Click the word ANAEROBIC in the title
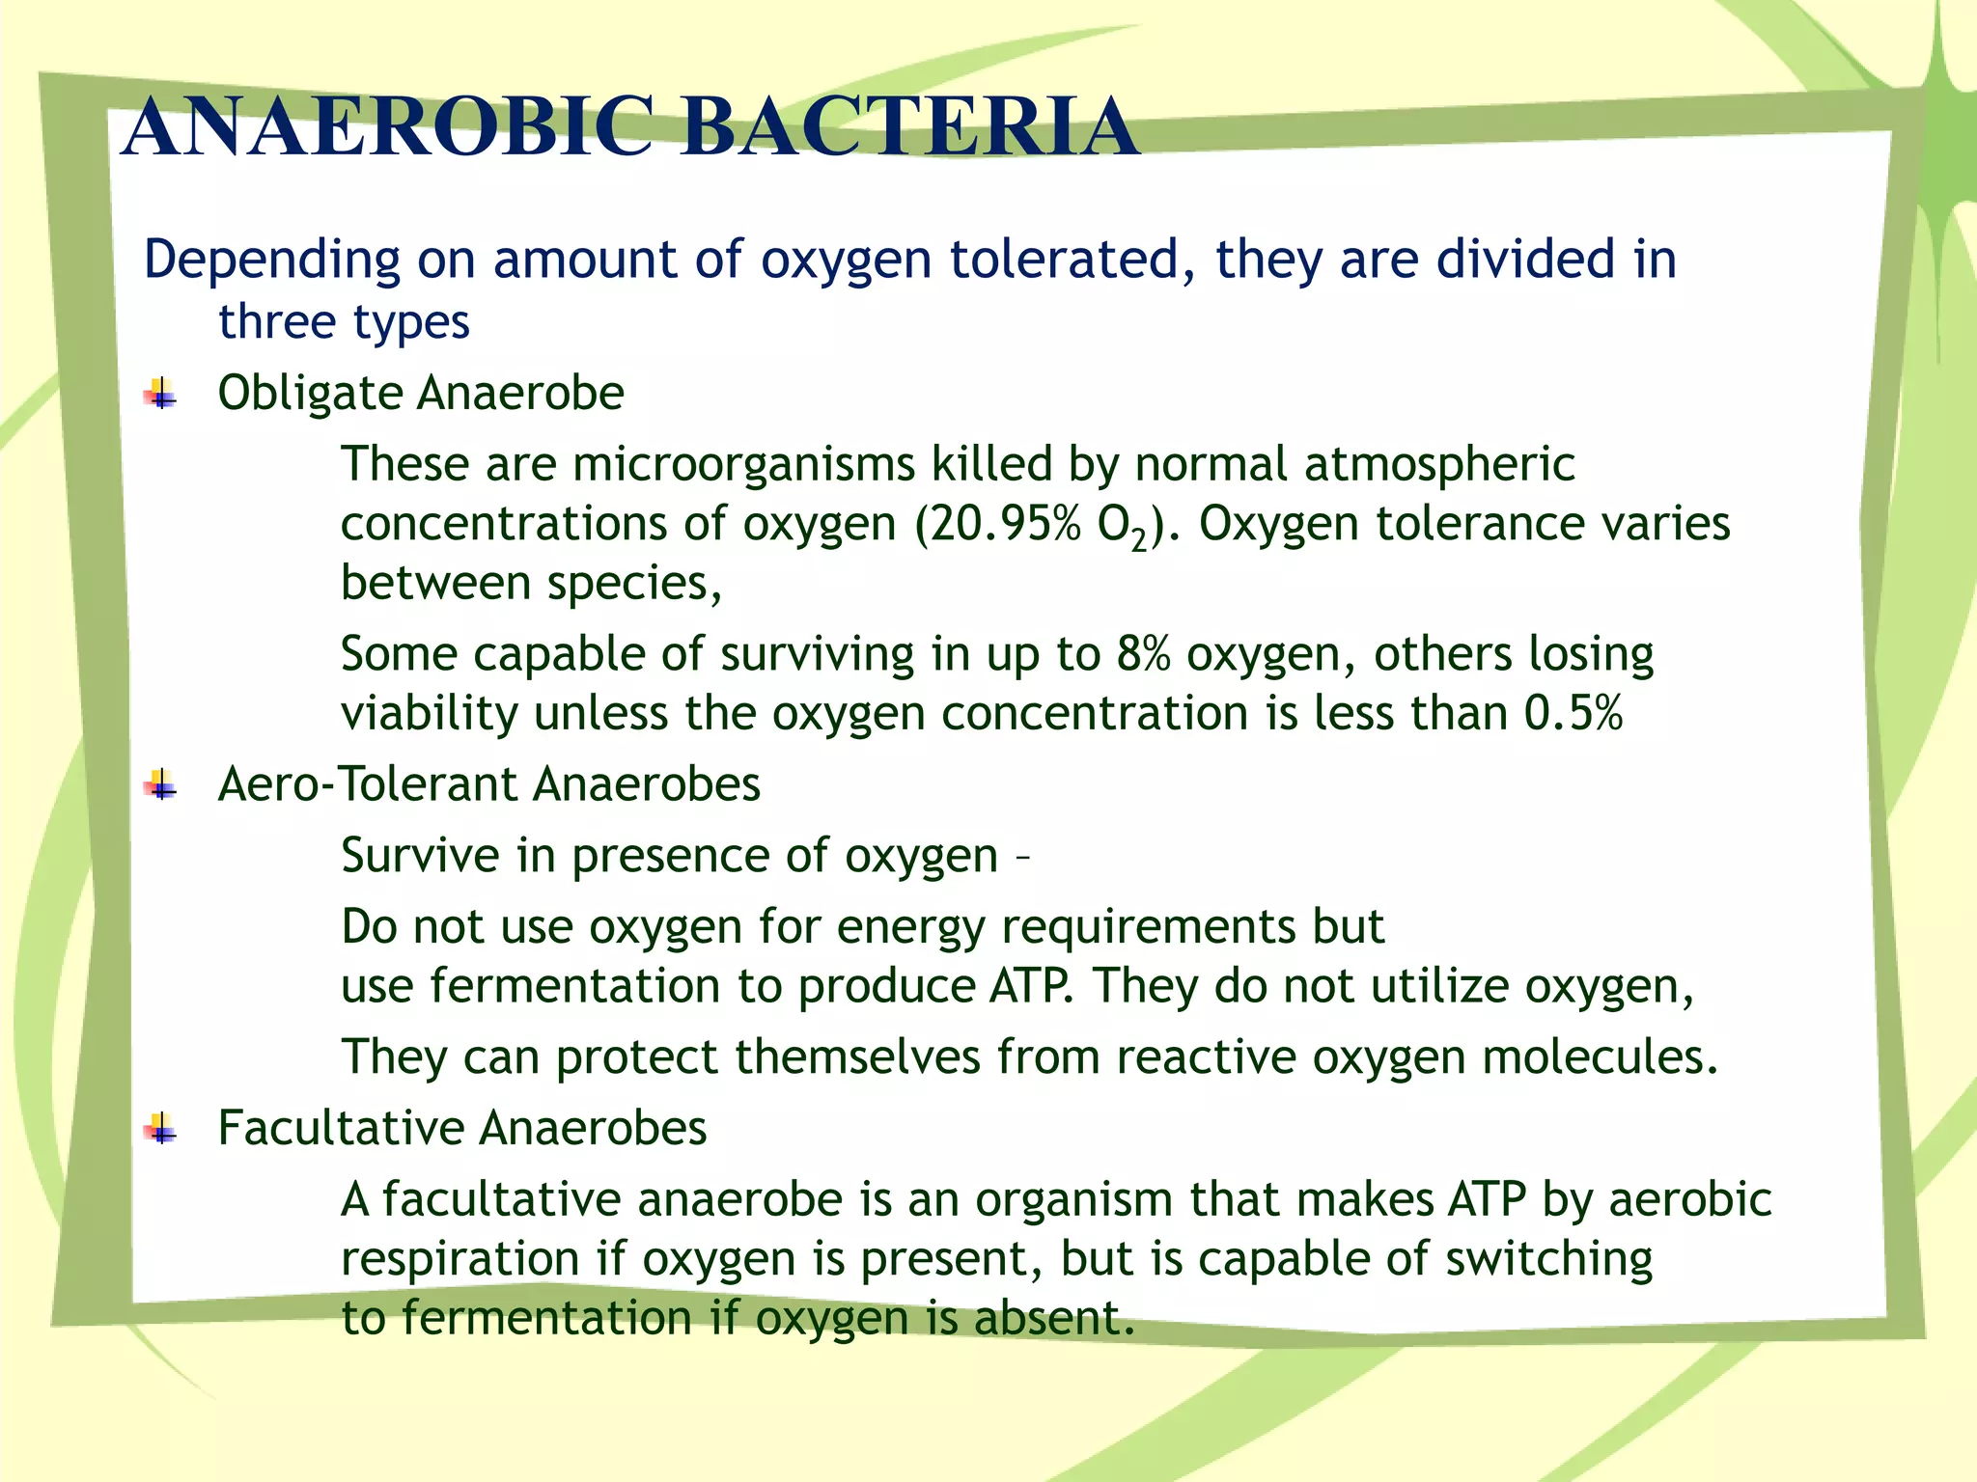tap(386, 127)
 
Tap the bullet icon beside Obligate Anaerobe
tap(160, 395)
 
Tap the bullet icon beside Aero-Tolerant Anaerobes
tap(160, 785)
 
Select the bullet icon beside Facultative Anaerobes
tap(160, 1128)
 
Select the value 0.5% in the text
tap(1573, 714)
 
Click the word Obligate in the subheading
tap(310, 395)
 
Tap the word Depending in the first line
tap(271, 261)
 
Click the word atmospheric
tap(1439, 465)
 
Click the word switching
tap(1548, 1260)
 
